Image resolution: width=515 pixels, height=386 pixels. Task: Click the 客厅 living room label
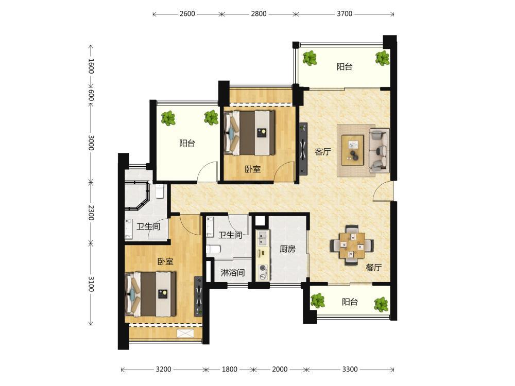[322, 152]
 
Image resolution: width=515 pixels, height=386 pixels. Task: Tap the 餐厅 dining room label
[373, 268]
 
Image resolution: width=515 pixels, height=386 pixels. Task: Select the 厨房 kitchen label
[287, 249]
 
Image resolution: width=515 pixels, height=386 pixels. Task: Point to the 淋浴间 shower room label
[233, 272]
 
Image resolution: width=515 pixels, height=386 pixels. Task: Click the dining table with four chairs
[352, 245]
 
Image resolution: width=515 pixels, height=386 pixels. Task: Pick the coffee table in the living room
[352, 150]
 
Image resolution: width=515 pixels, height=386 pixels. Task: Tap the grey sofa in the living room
[380, 151]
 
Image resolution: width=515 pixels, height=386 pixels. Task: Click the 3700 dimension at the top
[345, 14]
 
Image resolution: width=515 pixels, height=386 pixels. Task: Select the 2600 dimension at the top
[187, 14]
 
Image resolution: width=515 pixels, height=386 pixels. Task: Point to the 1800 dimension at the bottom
[229, 369]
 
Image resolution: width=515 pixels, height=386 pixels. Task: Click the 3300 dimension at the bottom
[350, 369]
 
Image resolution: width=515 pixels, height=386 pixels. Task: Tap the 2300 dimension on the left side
[91, 213]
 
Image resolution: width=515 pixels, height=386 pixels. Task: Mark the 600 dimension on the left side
[91, 96]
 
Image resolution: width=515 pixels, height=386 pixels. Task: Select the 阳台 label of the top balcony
[345, 66]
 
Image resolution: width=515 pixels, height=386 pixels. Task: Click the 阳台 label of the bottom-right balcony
[350, 302]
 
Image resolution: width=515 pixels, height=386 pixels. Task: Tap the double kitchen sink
[263, 238]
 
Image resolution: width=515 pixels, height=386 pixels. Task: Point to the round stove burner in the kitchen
[263, 268]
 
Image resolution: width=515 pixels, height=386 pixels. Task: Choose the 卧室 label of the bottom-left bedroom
[165, 261]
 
